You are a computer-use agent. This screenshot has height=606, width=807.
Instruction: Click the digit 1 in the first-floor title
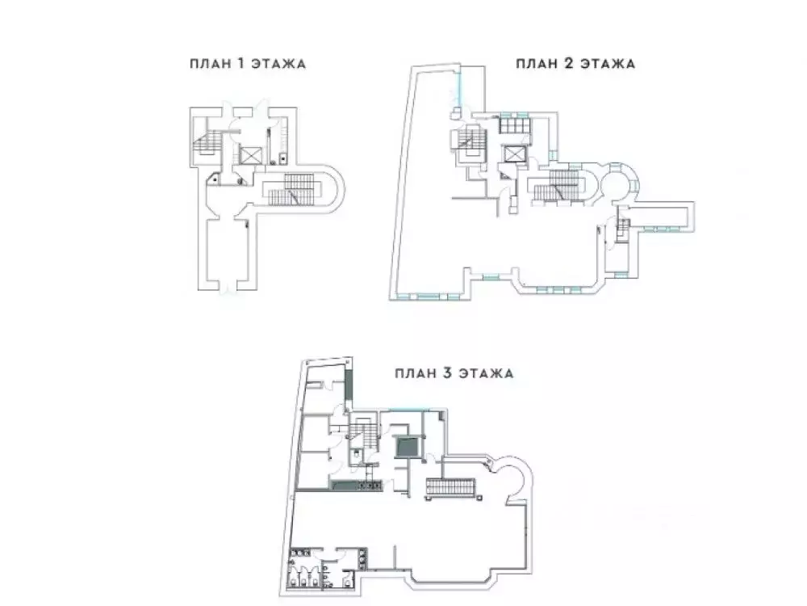pos(240,64)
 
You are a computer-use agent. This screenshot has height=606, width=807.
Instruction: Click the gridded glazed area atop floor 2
pos(513,124)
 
